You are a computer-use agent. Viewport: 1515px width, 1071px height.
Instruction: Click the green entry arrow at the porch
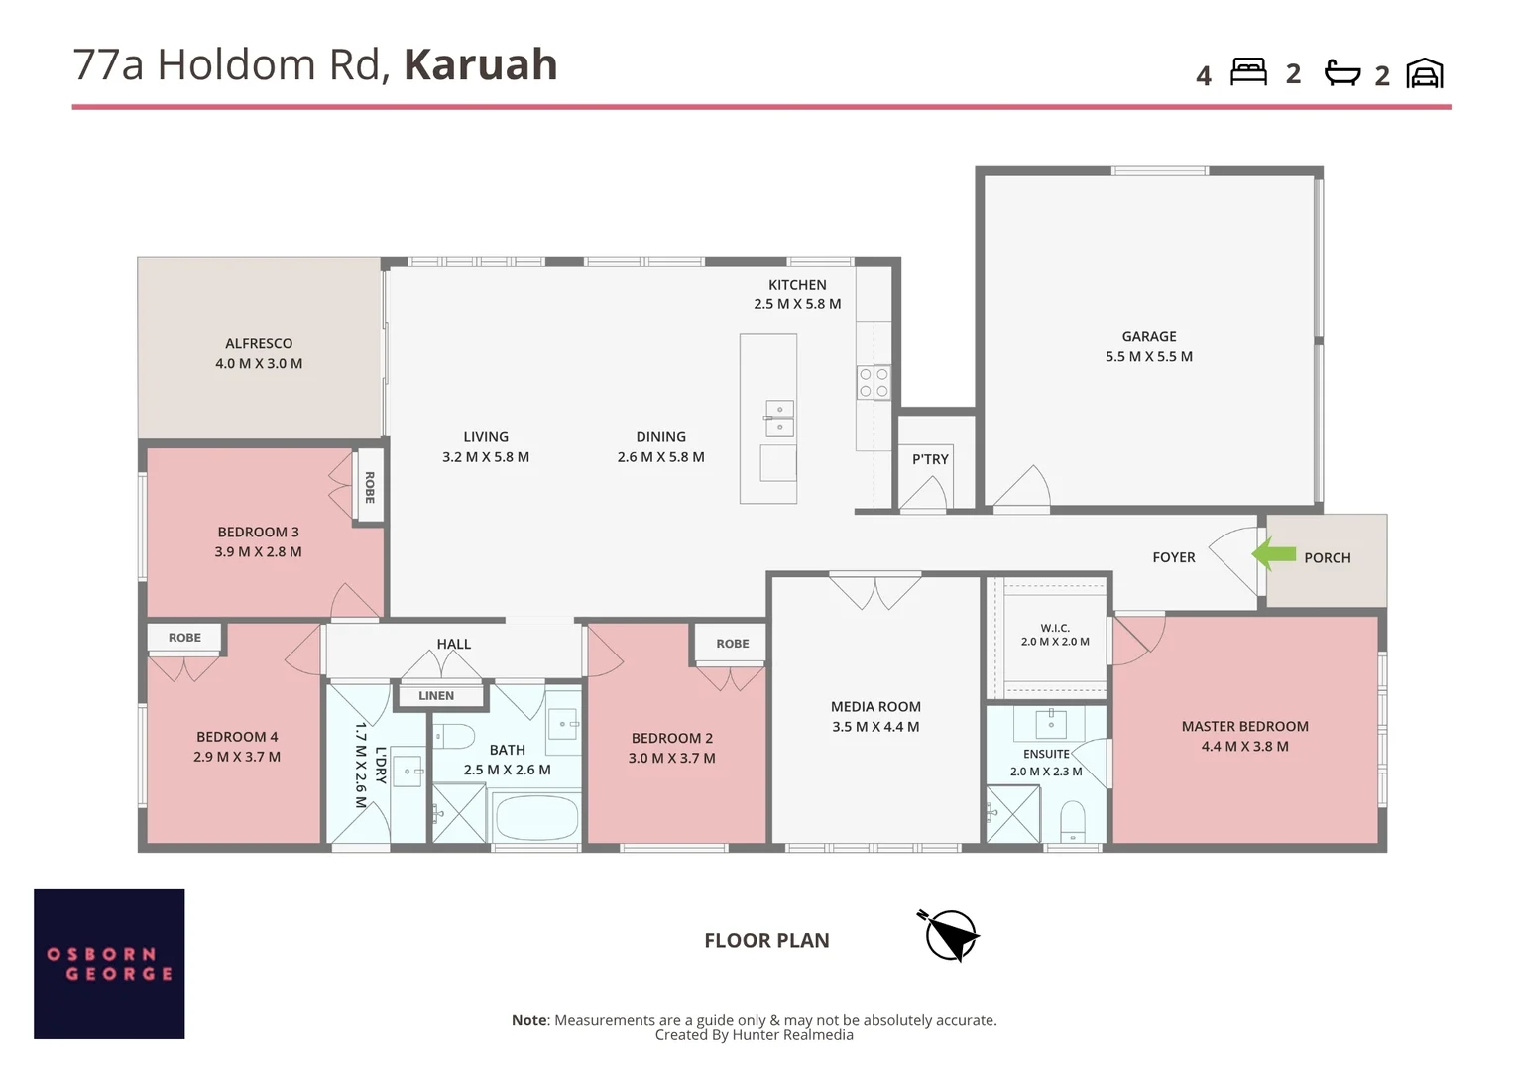coord(1273,554)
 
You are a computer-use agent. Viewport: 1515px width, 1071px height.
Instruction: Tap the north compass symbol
coord(950,936)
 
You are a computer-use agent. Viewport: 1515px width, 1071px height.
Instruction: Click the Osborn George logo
coord(109,964)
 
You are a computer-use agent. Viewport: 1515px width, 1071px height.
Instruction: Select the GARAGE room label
coord(1149,336)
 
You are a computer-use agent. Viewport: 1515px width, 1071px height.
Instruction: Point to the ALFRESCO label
coord(259,343)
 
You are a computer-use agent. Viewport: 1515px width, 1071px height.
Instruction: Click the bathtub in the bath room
coord(536,817)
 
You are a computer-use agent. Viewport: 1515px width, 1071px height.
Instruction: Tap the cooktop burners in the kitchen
coord(874,382)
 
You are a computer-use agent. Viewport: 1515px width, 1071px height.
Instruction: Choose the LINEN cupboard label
coord(436,695)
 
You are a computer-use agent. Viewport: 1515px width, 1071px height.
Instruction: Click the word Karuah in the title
coord(481,64)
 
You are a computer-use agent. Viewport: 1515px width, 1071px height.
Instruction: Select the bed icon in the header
coord(1248,71)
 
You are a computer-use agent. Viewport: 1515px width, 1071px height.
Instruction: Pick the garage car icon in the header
coord(1425,73)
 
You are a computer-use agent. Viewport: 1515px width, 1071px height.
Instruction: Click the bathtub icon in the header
coord(1341,73)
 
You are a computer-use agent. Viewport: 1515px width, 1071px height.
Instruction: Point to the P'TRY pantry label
coord(930,459)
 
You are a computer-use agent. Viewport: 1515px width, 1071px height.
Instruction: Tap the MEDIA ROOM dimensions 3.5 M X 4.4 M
coord(875,727)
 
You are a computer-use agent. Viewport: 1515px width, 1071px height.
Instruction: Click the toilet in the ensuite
coord(1073,821)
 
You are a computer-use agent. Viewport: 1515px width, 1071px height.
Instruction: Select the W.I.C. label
coord(1054,628)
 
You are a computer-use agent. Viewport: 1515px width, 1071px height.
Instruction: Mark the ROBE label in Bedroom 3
coord(370,487)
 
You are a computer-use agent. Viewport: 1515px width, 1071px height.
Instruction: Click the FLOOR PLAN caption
coord(766,940)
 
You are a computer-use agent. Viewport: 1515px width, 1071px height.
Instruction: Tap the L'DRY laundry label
coord(381,766)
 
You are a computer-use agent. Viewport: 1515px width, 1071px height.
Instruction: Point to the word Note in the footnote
coord(528,1019)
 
